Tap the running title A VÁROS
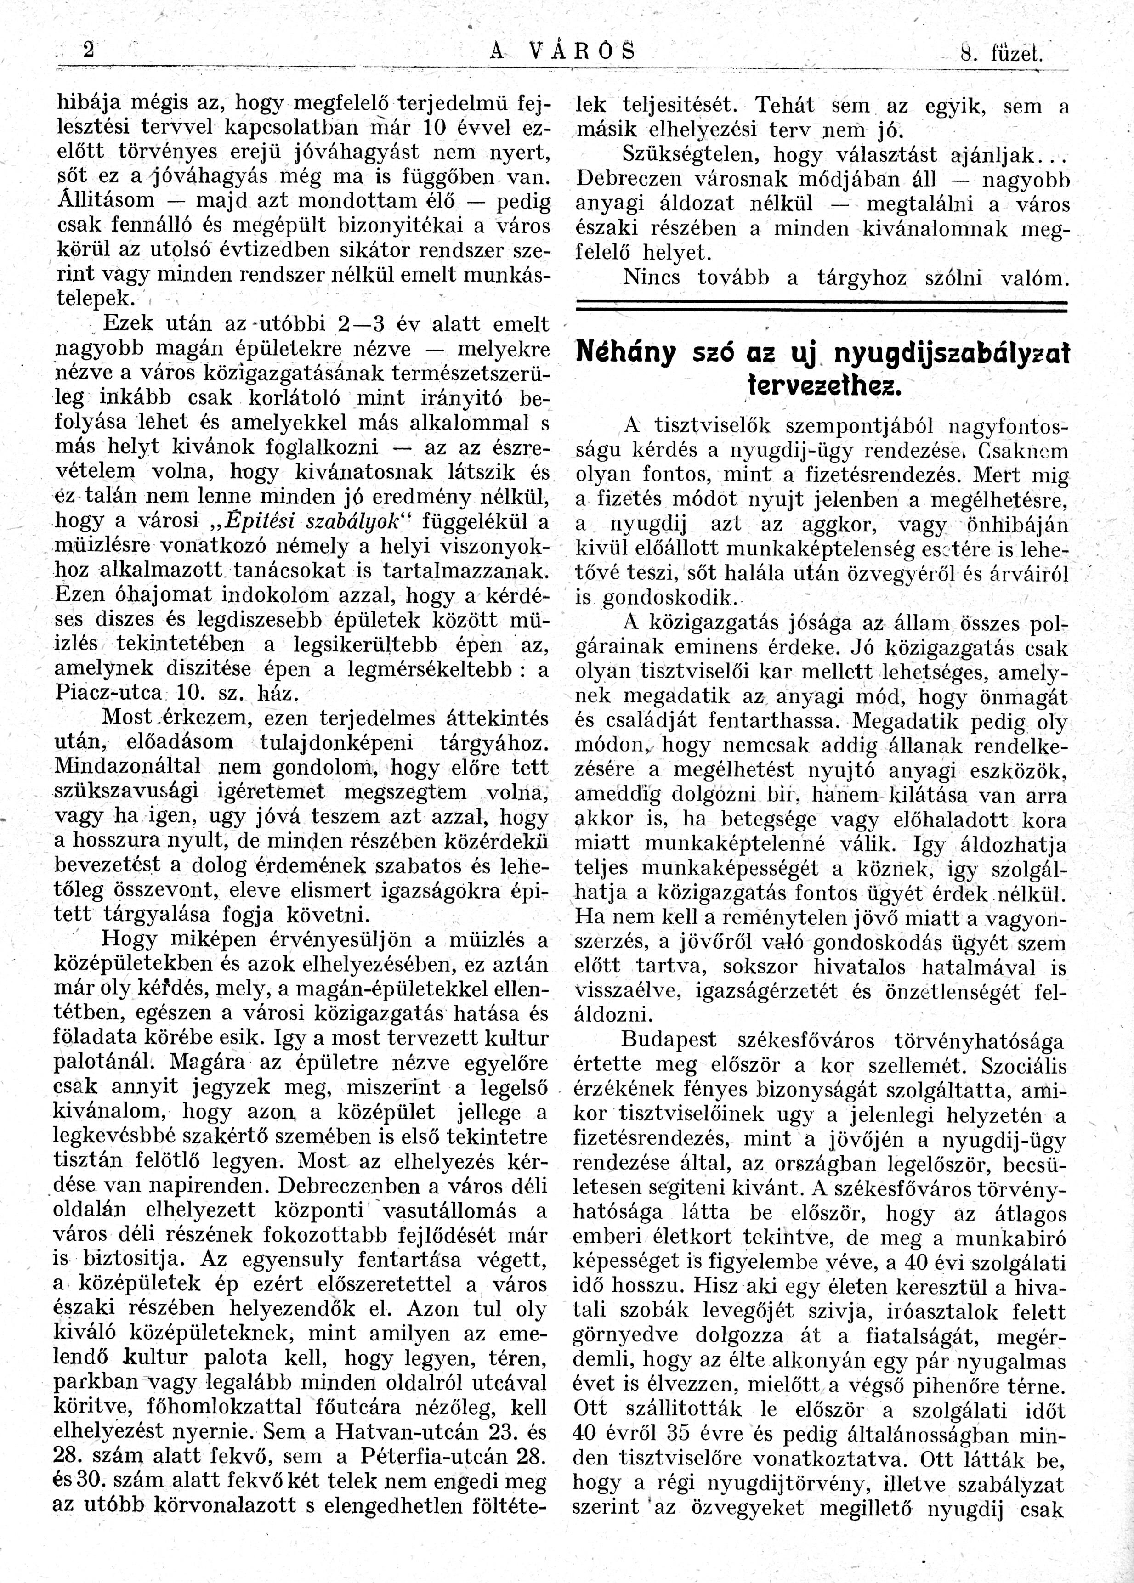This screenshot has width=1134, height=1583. tap(563, 51)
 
